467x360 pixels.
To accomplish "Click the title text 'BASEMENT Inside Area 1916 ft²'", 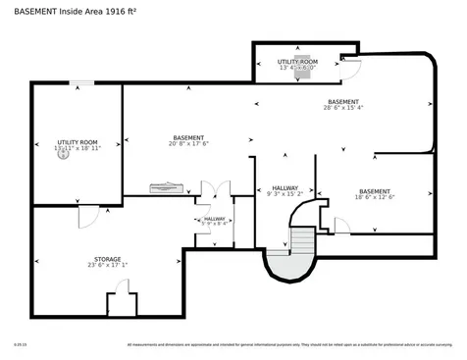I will pyautogui.click(x=76, y=11).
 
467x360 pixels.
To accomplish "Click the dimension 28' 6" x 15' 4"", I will pyautogui.click(x=342, y=108).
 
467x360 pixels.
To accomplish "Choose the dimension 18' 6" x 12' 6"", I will pyautogui.click(x=374, y=197).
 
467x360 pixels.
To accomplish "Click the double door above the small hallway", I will pyautogui.click(x=215, y=188).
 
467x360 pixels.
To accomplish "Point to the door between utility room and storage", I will pyautogui.click(x=88, y=214).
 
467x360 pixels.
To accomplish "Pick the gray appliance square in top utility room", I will pyautogui.click(x=302, y=59).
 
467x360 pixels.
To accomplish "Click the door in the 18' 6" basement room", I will pyautogui.click(x=341, y=227).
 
